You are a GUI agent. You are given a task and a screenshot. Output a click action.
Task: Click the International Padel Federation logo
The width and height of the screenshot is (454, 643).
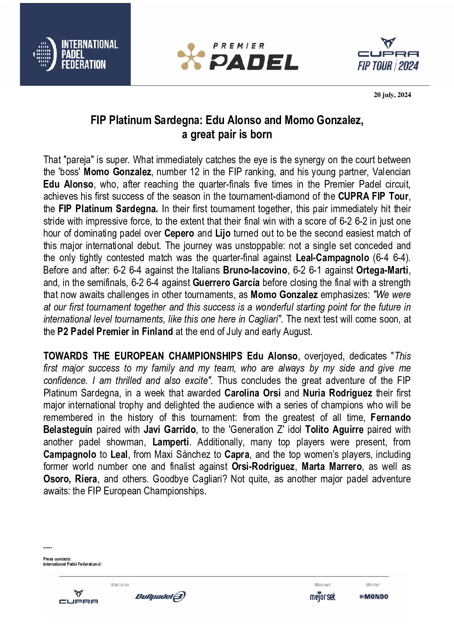pyautogui.click(x=76, y=54)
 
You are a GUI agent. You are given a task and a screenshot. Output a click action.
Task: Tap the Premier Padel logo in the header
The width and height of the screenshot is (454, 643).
pyautogui.click(x=238, y=56)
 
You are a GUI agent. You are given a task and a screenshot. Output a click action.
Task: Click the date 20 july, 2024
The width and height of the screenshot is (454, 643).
pyautogui.click(x=392, y=95)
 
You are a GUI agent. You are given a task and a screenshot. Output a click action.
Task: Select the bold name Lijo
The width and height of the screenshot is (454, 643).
pyautogui.click(x=222, y=233)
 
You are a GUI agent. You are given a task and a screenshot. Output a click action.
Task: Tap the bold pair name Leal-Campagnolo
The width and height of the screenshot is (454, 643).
pyautogui.click(x=332, y=258)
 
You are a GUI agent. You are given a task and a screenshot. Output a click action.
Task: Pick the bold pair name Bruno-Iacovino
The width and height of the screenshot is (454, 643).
pyautogui.click(x=255, y=270)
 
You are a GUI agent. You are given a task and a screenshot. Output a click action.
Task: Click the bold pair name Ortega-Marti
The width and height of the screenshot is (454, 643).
pyautogui.click(x=382, y=270)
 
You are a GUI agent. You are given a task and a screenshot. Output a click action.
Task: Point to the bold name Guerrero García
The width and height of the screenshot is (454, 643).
pyautogui.click(x=226, y=283)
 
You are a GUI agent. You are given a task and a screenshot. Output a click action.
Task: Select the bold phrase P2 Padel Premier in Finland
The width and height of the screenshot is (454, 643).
pyautogui.click(x=115, y=332)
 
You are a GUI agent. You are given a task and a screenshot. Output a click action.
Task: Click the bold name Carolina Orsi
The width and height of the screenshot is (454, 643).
pyautogui.click(x=252, y=393)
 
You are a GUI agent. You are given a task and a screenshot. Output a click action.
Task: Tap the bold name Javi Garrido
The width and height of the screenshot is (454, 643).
pyautogui.click(x=169, y=430)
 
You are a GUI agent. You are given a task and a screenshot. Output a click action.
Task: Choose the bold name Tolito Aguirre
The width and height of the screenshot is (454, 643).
pyautogui.click(x=334, y=430)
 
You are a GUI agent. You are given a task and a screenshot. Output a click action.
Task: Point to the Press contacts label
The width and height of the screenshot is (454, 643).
pyautogui.click(x=57, y=559)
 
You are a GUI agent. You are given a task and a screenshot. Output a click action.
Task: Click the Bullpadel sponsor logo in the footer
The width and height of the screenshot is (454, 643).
pyautogui.click(x=160, y=596)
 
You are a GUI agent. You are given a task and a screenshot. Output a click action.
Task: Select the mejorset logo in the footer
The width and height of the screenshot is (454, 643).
pyautogui.click(x=322, y=597)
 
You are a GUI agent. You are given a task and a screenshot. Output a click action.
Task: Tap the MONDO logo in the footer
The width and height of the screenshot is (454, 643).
pyautogui.click(x=374, y=597)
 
